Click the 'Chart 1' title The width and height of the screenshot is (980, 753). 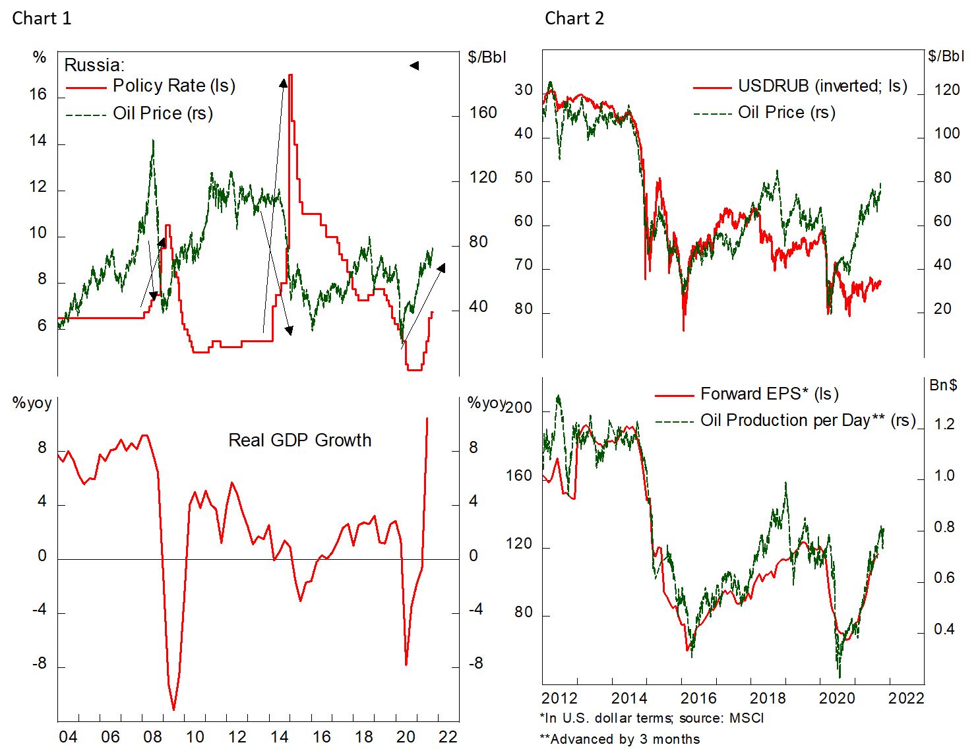point(42,18)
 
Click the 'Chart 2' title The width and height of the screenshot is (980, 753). point(574,18)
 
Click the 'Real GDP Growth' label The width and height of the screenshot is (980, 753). point(299,440)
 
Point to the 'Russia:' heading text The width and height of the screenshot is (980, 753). point(94,65)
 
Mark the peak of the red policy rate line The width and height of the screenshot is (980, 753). point(290,75)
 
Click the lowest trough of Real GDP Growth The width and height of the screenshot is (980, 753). point(173,709)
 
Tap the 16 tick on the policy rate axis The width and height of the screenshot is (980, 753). point(38,95)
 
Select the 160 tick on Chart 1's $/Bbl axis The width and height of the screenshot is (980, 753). point(483,113)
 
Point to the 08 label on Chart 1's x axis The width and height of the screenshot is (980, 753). point(152,737)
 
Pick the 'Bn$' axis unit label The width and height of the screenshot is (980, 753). point(942,385)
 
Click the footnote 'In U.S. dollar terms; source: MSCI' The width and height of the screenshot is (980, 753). point(651,718)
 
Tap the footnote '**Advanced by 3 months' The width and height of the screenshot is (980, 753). point(619,739)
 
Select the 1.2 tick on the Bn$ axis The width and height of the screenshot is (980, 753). point(944,424)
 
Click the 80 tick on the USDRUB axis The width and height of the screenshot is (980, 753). point(524,309)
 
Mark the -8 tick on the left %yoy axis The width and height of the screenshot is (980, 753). point(40,664)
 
